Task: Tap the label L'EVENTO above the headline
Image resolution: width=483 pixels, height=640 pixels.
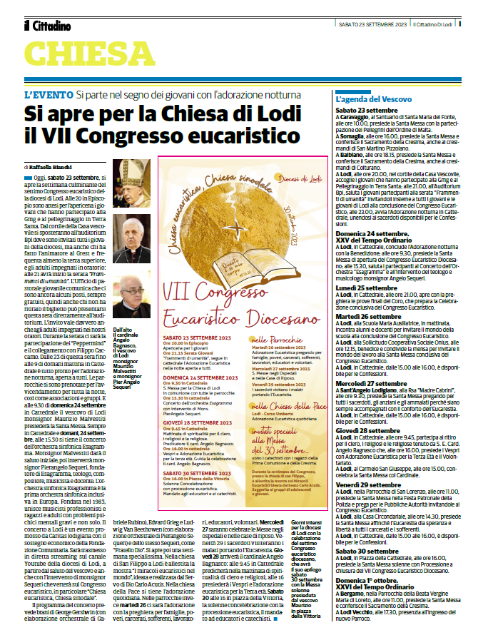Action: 48,95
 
